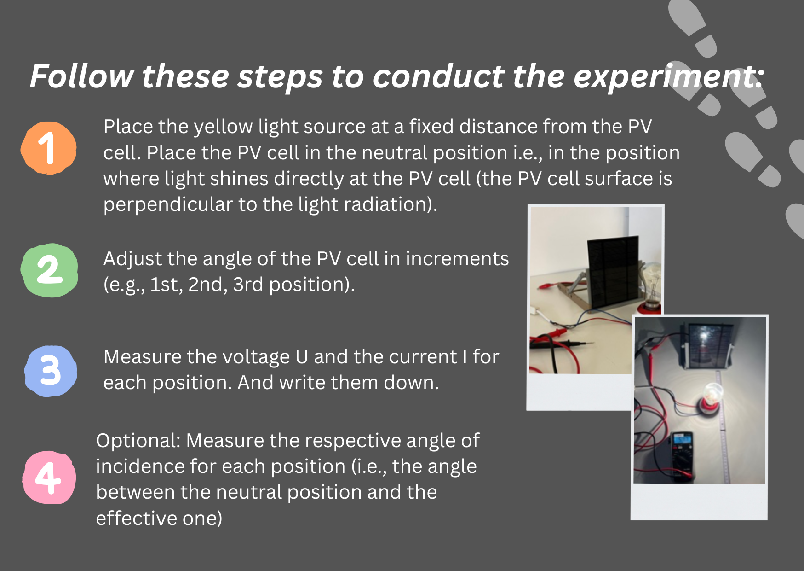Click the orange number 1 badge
[x=48, y=148]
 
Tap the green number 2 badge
[x=49, y=270]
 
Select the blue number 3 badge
[x=50, y=371]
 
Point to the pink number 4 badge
[x=49, y=478]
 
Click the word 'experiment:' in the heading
[x=668, y=76]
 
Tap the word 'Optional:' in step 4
[x=138, y=441]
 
